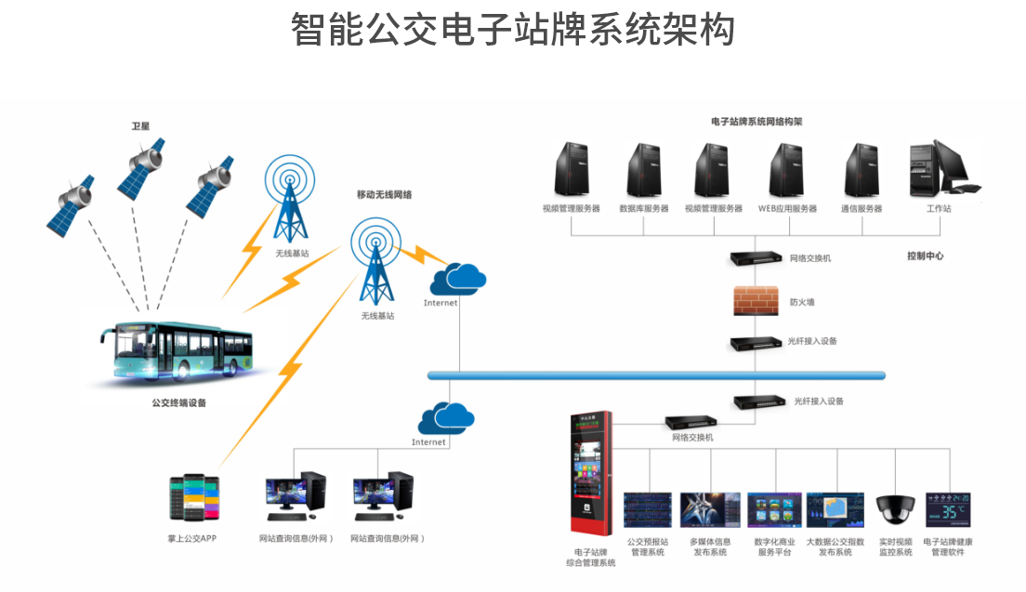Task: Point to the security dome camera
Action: click(895, 509)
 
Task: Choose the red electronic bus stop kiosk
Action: click(591, 474)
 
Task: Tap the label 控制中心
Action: click(925, 256)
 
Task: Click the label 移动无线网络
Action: click(384, 194)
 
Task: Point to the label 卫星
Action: click(140, 125)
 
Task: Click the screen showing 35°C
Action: click(948, 511)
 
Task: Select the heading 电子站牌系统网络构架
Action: click(756, 122)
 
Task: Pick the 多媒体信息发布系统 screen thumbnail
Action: click(710, 511)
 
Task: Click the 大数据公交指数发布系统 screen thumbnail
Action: click(835, 511)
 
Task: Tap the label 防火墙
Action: click(802, 302)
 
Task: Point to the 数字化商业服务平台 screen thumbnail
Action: click(773, 511)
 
